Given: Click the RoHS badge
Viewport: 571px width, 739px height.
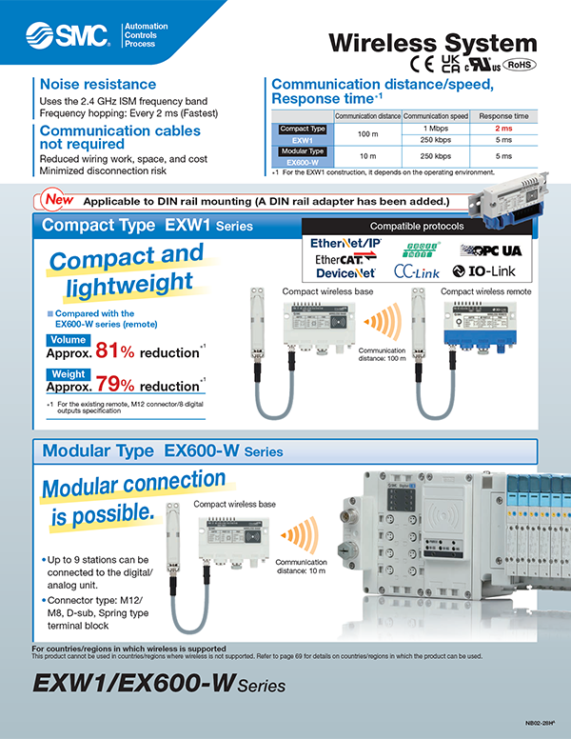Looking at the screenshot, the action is pyautogui.click(x=519, y=65).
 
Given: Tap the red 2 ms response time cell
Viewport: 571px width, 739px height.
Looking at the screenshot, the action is pyautogui.click(x=504, y=128).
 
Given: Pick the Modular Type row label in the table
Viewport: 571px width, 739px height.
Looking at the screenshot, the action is pyautogui.click(x=302, y=150).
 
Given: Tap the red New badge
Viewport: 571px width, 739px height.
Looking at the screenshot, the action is pyautogui.click(x=55, y=201).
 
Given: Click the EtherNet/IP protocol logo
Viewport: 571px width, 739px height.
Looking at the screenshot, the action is pyautogui.click(x=349, y=245).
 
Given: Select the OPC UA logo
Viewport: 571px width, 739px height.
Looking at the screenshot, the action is pyautogui.click(x=493, y=250).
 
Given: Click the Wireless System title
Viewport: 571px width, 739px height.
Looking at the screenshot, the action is pyautogui.click(x=432, y=42).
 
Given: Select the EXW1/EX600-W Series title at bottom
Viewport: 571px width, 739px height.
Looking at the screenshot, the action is pyautogui.click(x=158, y=684).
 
